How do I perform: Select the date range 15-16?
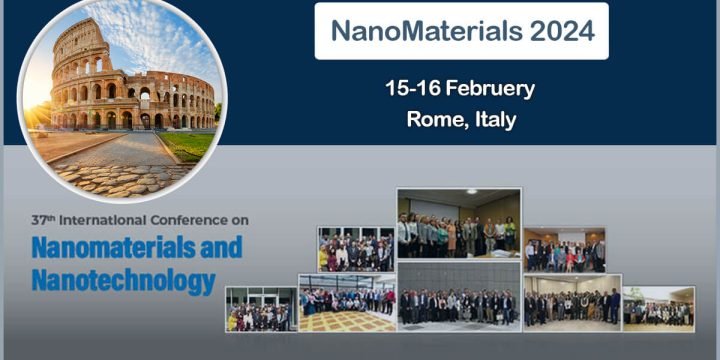coord(413,88)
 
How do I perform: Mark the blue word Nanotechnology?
coord(123,280)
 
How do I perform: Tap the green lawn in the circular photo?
coord(188,145)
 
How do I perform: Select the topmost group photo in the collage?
coord(458,223)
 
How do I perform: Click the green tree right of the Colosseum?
coord(217,112)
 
